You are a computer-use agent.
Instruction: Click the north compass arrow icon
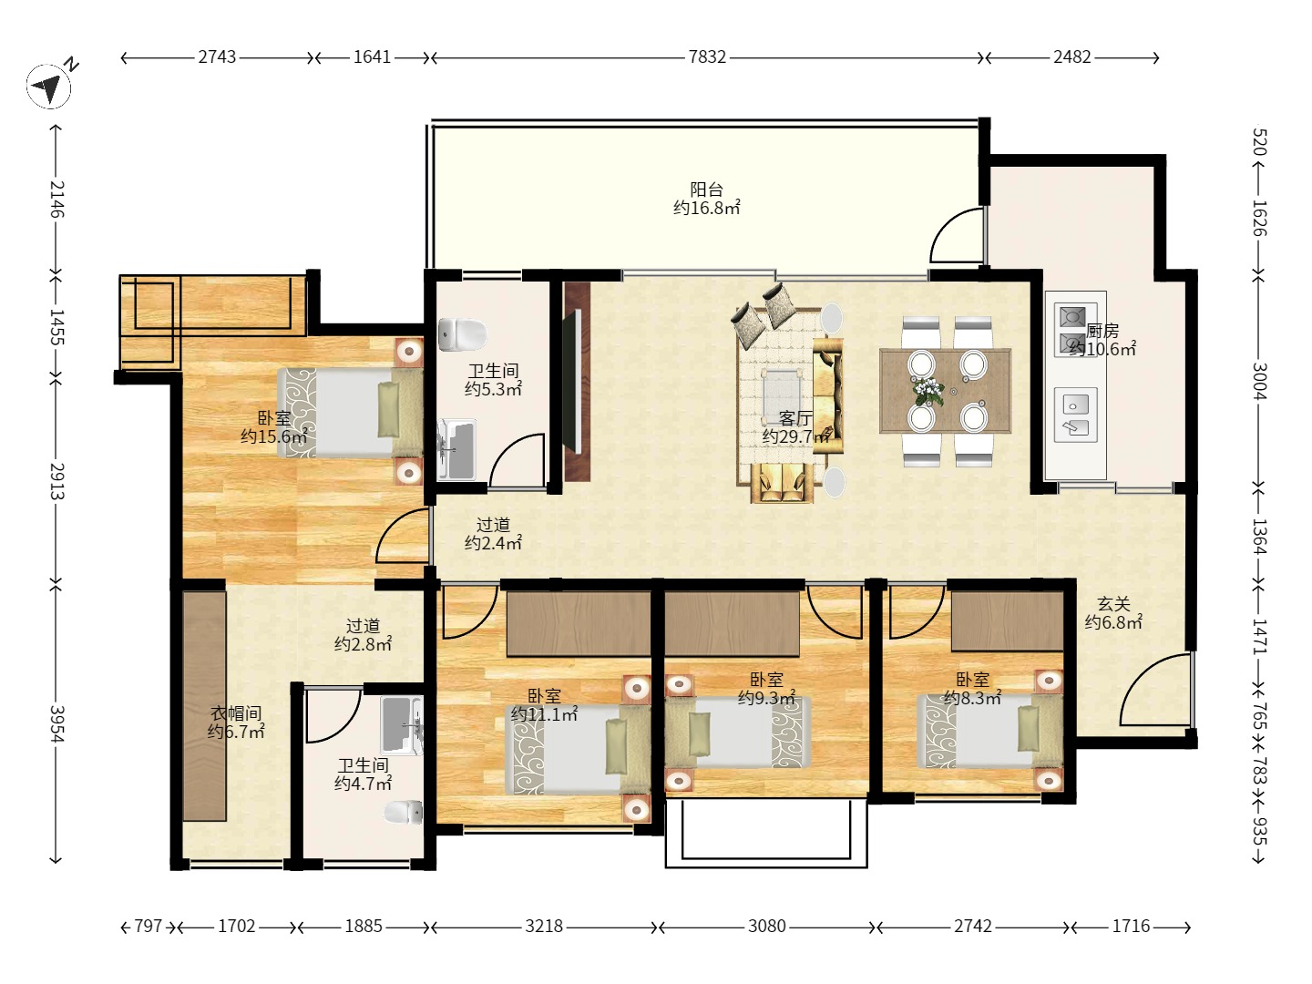(x=48, y=87)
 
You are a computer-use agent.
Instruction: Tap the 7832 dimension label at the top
(x=706, y=57)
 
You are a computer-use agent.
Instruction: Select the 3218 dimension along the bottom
(x=544, y=926)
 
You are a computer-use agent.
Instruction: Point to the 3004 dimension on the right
(x=1259, y=381)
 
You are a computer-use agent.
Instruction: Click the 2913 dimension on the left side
(x=56, y=481)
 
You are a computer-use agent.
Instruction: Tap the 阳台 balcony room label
(x=706, y=190)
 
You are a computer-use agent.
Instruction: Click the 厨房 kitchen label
(x=1102, y=331)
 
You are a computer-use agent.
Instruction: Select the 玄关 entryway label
(x=1113, y=604)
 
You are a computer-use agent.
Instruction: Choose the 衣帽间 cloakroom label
(x=235, y=712)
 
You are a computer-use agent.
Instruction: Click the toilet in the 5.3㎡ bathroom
(x=462, y=334)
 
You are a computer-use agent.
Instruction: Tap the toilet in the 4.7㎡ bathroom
(x=403, y=813)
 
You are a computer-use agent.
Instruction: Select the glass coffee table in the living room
(x=782, y=395)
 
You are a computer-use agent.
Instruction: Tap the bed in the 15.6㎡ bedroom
(x=350, y=413)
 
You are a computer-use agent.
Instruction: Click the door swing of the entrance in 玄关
(x=1155, y=690)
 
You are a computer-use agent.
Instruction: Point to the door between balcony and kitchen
(x=957, y=235)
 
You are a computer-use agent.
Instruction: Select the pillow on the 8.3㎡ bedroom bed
(x=1029, y=729)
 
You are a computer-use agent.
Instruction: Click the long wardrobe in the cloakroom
(x=204, y=706)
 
